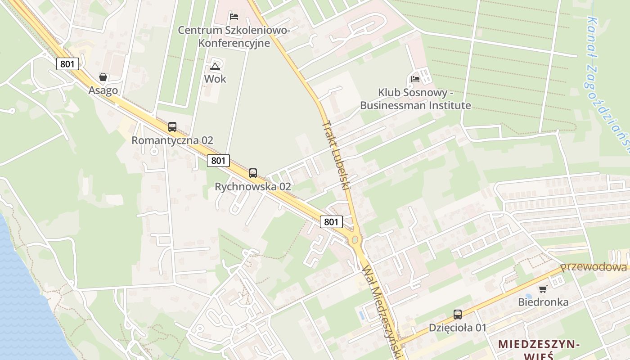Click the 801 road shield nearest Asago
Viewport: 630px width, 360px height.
point(67,64)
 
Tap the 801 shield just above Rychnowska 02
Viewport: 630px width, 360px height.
point(218,160)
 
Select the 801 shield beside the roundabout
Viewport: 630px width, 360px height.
point(331,221)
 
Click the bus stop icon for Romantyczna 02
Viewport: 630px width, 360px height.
point(172,127)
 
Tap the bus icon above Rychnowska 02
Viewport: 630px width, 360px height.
point(253,173)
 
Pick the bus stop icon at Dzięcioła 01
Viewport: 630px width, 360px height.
point(458,315)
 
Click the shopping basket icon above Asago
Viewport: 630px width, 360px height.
point(103,77)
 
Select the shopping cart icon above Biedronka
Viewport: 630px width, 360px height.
point(543,289)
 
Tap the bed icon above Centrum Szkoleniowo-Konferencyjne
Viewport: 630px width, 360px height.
point(234,17)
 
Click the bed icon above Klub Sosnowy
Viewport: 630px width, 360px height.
point(415,79)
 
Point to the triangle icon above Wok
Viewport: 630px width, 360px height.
point(215,67)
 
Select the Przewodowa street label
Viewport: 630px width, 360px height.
point(594,267)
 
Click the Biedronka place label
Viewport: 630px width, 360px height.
point(543,302)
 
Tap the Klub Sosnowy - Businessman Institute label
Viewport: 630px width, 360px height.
point(415,99)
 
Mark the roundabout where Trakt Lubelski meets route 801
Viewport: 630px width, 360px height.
point(355,238)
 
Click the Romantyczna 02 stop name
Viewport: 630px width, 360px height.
point(172,140)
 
